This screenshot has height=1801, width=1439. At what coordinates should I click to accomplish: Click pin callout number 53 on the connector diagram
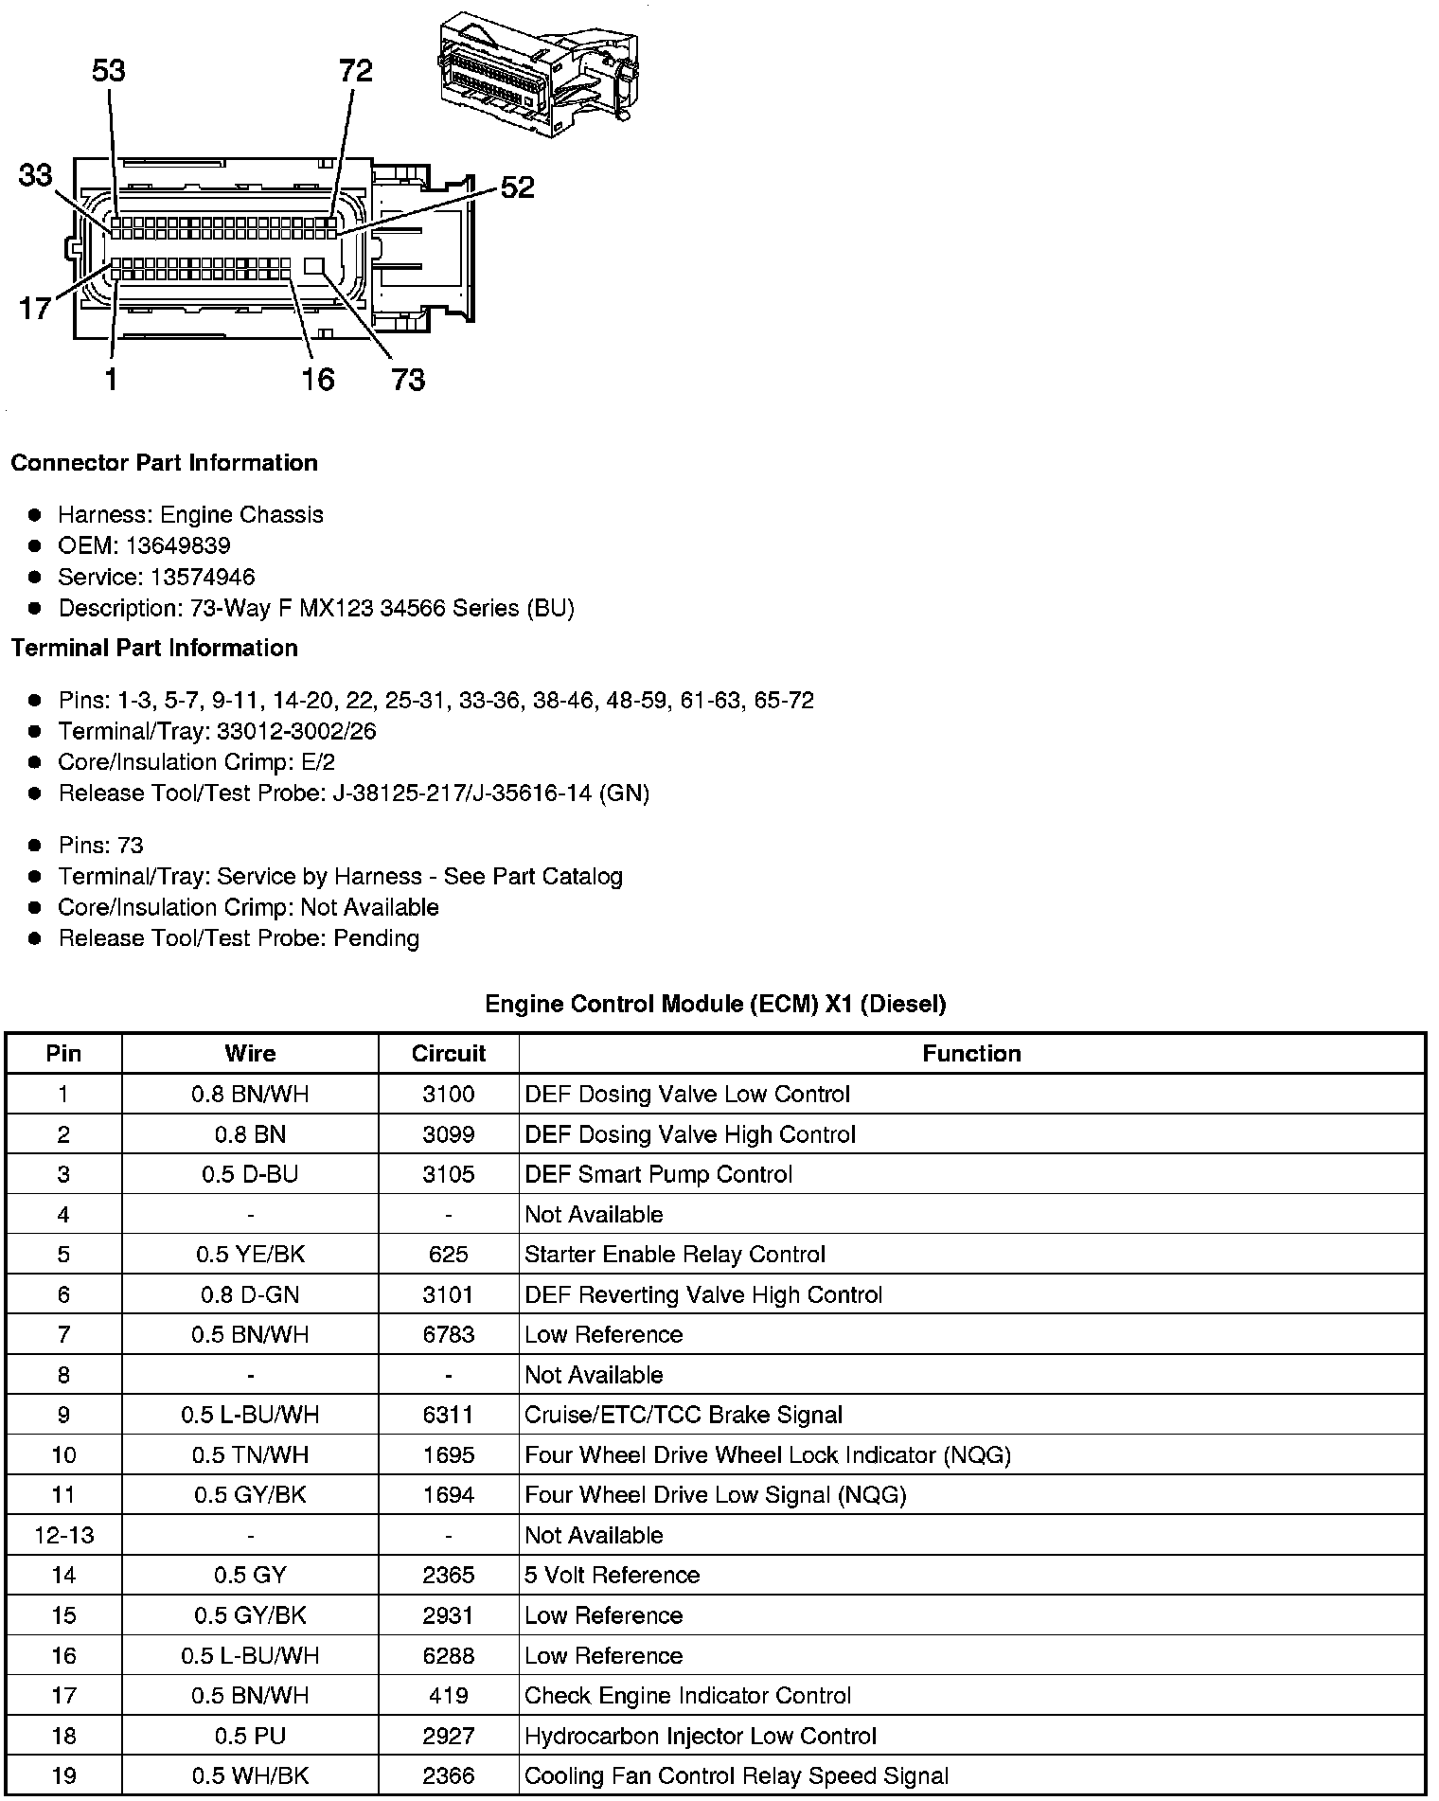pyautogui.click(x=109, y=71)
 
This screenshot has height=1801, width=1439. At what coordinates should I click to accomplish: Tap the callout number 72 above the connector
pyautogui.click(x=356, y=71)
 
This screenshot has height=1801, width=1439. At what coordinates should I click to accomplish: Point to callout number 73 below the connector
pyautogui.click(x=408, y=380)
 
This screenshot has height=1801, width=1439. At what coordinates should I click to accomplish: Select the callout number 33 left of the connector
pyautogui.click(x=36, y=175)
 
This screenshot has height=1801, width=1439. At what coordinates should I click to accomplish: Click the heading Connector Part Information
pyautogui.click(x=164, y=463)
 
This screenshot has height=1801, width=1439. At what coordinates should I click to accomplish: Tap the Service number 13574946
pyautogui.click(x=202, y=577)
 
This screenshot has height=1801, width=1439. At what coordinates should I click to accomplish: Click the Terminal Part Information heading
pyautogui.click(x=154, y=648)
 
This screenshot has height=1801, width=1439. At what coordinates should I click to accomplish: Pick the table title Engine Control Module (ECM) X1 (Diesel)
pyautogui.click(x=715, y=1004)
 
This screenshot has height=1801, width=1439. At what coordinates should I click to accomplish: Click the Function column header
pyautogui.click(x=971, y=1054)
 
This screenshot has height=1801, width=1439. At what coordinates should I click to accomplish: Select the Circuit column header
pyautogui.click(x=448, y=1054)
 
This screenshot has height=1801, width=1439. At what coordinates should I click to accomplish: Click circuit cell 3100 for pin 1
pyautogui.click(x=448, y=1095)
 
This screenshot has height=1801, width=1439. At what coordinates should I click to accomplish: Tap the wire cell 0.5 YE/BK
pyautogui.click(x=250, y=1255)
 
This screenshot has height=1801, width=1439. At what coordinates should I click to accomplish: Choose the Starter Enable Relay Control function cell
pyautogui.click(x=674, y=1255)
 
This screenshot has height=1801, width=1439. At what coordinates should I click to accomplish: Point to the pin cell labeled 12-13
pyautogui.click(x=63, y=1535)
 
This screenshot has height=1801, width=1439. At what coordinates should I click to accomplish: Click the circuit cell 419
pyautogui.click(x=448, y=1695)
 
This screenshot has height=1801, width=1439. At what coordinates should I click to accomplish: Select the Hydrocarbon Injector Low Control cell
pyautogui.click(x=700, y=1736)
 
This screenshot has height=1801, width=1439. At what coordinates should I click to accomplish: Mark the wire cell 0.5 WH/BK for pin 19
pyautogui.click(x=250, y=1775)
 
